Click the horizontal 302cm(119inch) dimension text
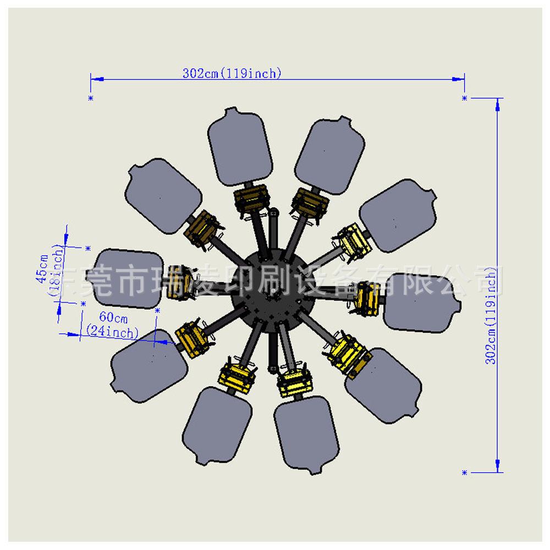pos(232,73)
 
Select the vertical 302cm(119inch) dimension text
pos(491,315)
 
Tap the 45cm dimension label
pos(43,269)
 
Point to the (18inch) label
pos(56,270)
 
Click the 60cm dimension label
pos(113,317)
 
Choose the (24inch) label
pos(112,332)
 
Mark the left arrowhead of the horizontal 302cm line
pos(97,79)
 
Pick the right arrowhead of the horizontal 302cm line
pos(458,79)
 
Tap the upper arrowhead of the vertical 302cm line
pos(497,105)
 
